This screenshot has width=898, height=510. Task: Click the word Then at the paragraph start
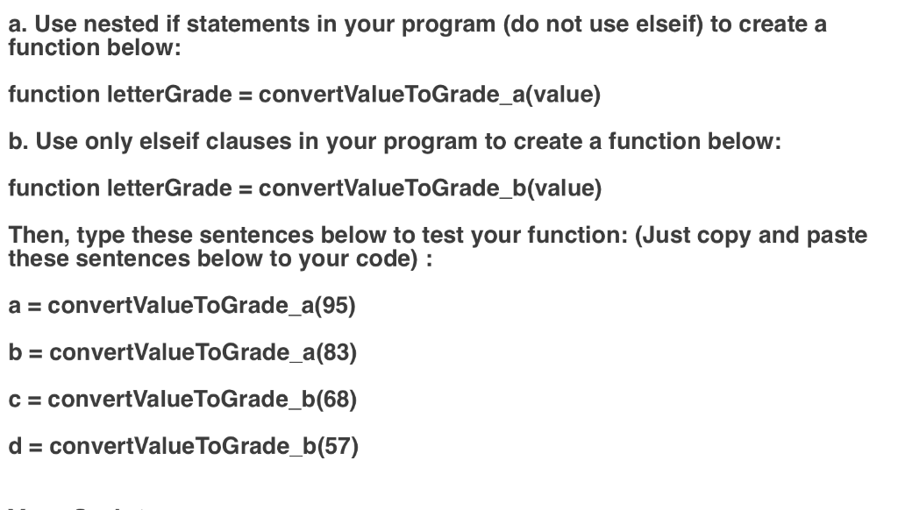pos(33,236)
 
